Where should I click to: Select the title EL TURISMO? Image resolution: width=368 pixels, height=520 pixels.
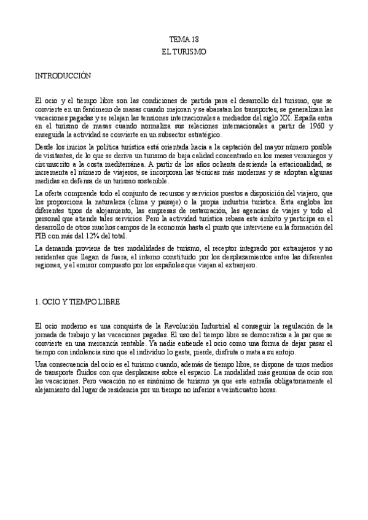tap(184, 53)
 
